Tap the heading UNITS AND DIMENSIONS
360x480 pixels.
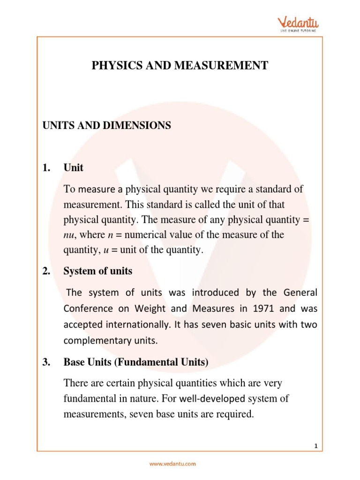point(107,126)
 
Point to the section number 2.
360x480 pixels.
point(46,271)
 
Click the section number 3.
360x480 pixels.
point(46,362)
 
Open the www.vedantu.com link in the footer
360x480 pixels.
point(172,464)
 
